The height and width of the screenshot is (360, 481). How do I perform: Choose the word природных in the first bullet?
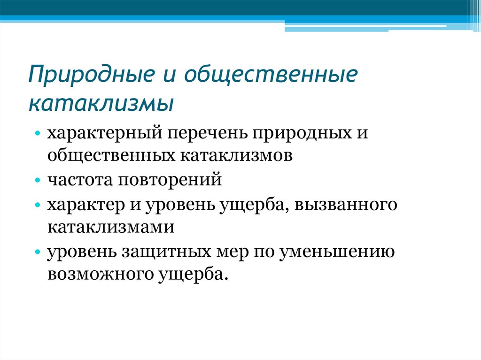(x=301, y=133)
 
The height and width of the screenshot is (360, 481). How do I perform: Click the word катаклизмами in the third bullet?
(x=111, y=227)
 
